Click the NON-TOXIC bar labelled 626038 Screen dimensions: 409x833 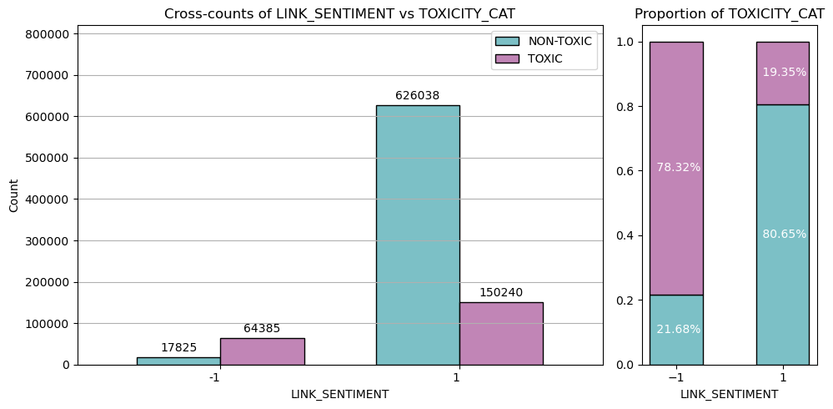pos(417,235)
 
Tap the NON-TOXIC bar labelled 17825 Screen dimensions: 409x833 pos(178,361)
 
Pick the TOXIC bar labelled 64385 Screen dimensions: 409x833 pos(262,351)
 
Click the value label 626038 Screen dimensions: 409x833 pos(417,96)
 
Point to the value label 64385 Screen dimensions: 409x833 pos(262,329)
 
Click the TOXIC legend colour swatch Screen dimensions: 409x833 pos(506,58)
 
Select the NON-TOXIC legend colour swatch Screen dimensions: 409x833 pos(506,41)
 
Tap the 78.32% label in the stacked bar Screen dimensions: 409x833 pos(678,168)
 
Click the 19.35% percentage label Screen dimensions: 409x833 pos(784,73)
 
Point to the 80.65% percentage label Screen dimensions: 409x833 pos(784,235)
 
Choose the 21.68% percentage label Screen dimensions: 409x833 pos(678,330)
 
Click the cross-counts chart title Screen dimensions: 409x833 pos(339,13)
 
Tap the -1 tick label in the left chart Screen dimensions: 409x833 pos(214,377)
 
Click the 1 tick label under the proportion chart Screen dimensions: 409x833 pos(783,377)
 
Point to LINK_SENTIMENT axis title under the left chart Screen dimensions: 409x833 pos(339,394)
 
